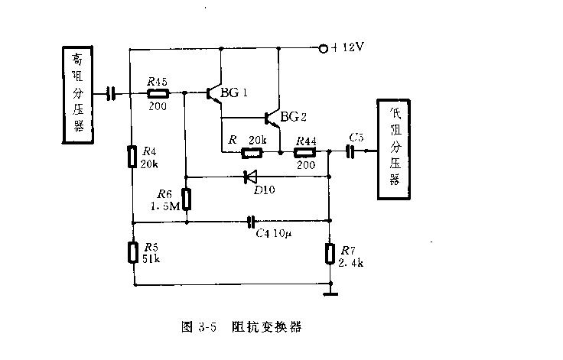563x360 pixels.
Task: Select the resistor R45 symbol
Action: coord(157,93)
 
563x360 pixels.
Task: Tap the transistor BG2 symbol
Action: coord(272,118)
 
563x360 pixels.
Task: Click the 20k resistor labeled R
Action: coord(252,152)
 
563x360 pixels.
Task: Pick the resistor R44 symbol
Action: coord(305,152)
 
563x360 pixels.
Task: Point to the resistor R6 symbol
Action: coord(186,199)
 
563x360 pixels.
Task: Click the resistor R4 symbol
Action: coord(132,157)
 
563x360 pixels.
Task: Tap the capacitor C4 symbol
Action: coord(250,222)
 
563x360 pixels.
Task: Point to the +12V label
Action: coord(348,48)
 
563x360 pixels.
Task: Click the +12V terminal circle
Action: coord(323,49)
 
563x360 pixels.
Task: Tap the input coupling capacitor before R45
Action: coord(111,93)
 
